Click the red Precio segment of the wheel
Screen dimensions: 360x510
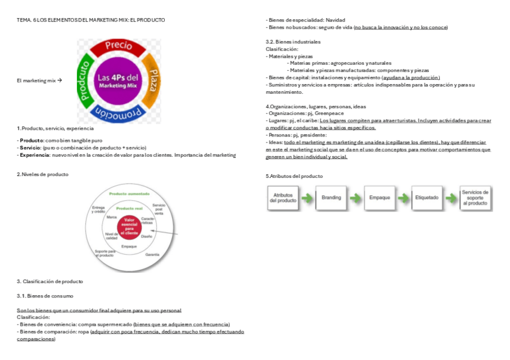pyautogui.click(x=118, y=45)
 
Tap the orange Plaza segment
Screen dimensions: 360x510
pyautogui.click(x=153, y=79)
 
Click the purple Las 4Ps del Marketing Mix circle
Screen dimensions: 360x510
pyautogui.click(x=118, y=81)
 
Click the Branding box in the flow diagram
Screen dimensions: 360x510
pyautogui.click(x=331, y=198)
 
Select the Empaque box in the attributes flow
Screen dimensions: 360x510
pyautogui.click(x=379, y=198)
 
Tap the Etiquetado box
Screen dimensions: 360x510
pyautogui.click(x=427, y=198)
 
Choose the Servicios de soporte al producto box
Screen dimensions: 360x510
pyautogui.click(x=475, y=198)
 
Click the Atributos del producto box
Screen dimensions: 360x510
pyautogui.click(x=283, y=198)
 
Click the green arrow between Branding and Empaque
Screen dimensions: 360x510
pyautogui.click(x=355, y=198)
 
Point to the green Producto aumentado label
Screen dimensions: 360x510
pyautogui.click(x=130, y=194)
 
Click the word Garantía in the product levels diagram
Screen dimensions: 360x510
pyautogui.click(x=152, y=254)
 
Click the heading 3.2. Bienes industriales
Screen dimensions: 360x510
pyautogui.click(x=293, y=41)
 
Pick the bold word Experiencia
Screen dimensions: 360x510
pyautogui.click(x=34, y=155)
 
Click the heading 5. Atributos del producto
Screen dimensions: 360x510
pyautogui.click(x=294, y=176)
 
